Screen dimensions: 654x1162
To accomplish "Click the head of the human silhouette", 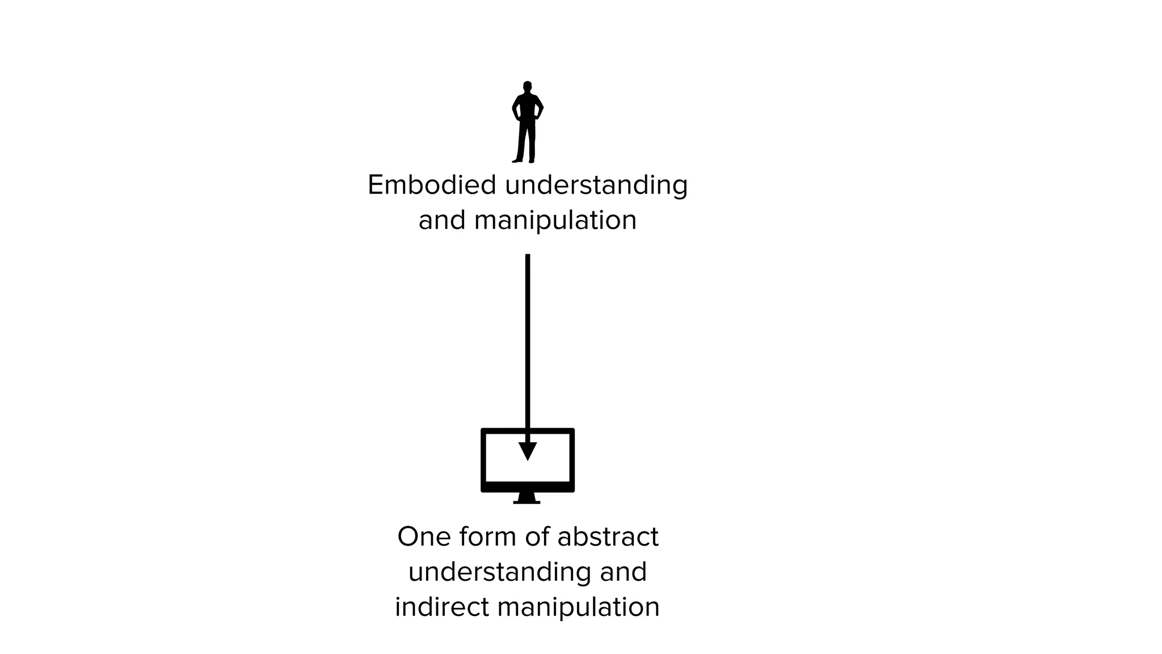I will point(527,86).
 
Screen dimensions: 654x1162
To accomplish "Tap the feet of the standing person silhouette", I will point(524,161).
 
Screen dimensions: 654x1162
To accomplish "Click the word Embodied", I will point(431,185).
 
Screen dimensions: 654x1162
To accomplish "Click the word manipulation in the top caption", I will point(555,221).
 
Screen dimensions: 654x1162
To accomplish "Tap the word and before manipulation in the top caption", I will point(441,220).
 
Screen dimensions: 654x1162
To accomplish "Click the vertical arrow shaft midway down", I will point(528,346).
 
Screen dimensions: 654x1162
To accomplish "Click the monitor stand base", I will point(527,501).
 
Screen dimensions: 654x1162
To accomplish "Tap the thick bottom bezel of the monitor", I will point(528,487).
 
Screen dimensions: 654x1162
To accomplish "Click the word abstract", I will point(608,536).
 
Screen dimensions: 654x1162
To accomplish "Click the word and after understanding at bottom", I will point(623,572).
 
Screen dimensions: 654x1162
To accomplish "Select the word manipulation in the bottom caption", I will point(578,607).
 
